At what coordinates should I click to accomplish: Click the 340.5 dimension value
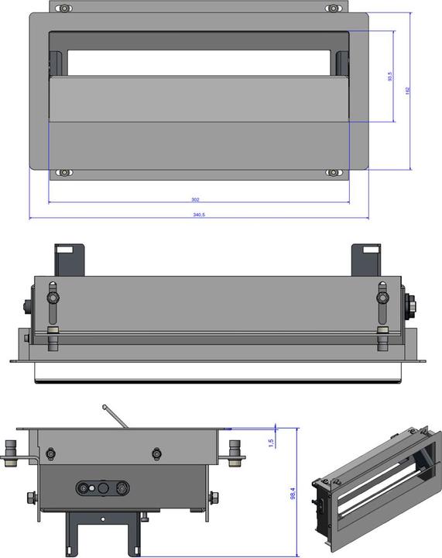point(199,214)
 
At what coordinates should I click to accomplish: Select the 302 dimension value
point(195,200)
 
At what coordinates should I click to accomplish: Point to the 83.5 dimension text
point(390,77)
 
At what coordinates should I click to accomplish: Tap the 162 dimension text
point(407,91)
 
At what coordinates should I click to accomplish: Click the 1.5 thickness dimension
point(270,442)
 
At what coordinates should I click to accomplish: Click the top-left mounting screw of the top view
point(65,9)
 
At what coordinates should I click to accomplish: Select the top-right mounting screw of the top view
point(333,9)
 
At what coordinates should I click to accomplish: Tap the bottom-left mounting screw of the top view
point(65,172)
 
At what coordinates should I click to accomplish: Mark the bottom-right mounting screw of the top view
point(333,172)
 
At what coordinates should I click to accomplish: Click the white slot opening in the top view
point(199,63)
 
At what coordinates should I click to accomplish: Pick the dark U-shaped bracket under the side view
point(101,531)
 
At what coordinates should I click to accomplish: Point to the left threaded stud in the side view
point(12,453)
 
